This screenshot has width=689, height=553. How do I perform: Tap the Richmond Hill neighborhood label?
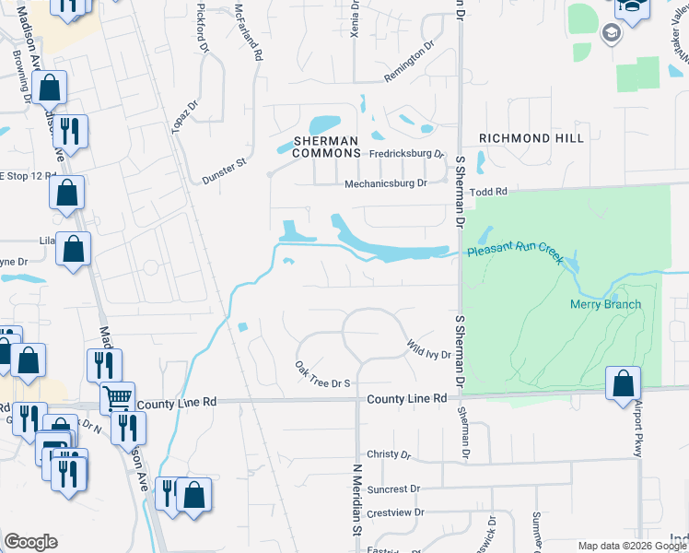coord(531,138)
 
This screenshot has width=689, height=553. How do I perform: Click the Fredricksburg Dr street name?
coord(407,154)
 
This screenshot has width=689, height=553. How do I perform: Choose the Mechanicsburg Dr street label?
coord(386,183)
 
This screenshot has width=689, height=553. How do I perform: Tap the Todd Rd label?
coord(489,192)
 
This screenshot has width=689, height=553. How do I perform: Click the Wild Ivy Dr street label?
coord(427,349)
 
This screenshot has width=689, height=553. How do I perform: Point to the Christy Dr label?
coord(387,454)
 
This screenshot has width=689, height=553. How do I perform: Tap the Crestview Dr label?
coord(393,512)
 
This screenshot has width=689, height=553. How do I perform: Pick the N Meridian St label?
coord(352,500)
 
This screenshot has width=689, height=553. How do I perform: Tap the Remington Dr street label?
coord(409,62)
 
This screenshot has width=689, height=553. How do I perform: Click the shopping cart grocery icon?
coord(117,397)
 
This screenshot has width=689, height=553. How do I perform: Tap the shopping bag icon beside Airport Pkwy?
coord(623,382)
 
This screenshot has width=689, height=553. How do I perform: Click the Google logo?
coord(30,542)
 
